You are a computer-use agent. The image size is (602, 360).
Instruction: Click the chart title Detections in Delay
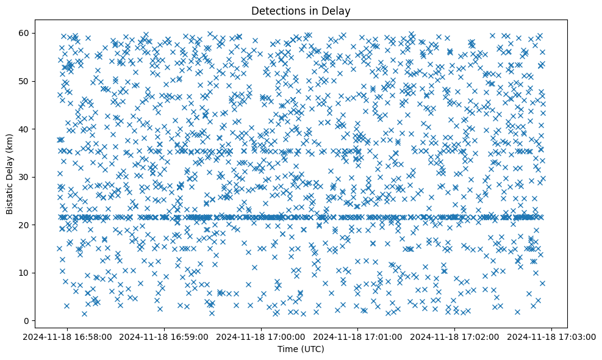pyautogui.click(x=301, y=10)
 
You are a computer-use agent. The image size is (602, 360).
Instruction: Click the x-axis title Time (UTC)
pyautogui.click(x=301, y=349)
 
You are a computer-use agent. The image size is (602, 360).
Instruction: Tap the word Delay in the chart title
pyautogui.click(x=339, y=10)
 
